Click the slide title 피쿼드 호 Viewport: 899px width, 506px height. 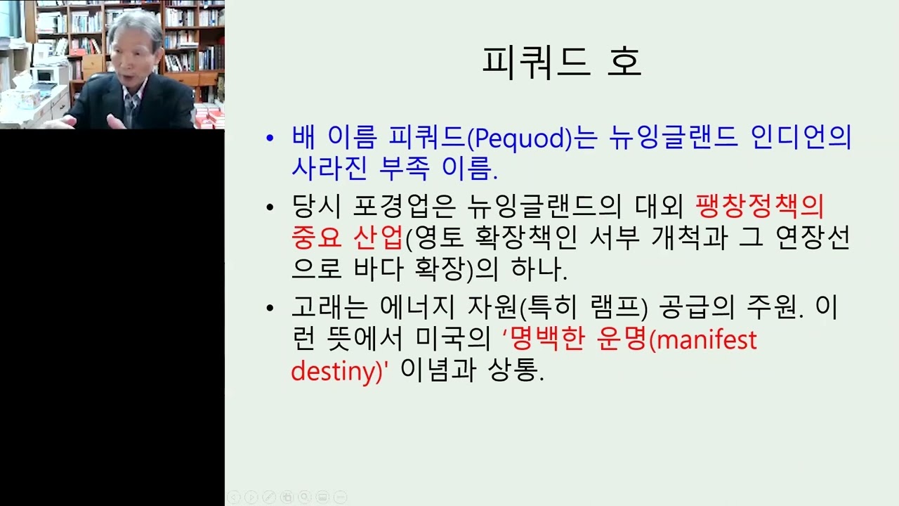tap(562, 63)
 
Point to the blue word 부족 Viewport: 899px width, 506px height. tap(404, 167)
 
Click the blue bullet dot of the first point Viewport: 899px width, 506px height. tap(270, 138)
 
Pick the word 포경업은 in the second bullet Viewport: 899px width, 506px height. tap(404, 206)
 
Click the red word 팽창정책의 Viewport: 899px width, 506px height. tap(759, 206)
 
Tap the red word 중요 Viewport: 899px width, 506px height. tap(316, 238)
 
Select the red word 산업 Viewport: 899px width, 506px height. tap(378, 238)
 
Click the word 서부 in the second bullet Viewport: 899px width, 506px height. tap(615, 238)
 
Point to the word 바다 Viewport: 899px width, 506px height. tap(378, 268)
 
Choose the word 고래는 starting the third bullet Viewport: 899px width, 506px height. tap(329, 307)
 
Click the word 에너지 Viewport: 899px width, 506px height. tap(417, 307)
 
